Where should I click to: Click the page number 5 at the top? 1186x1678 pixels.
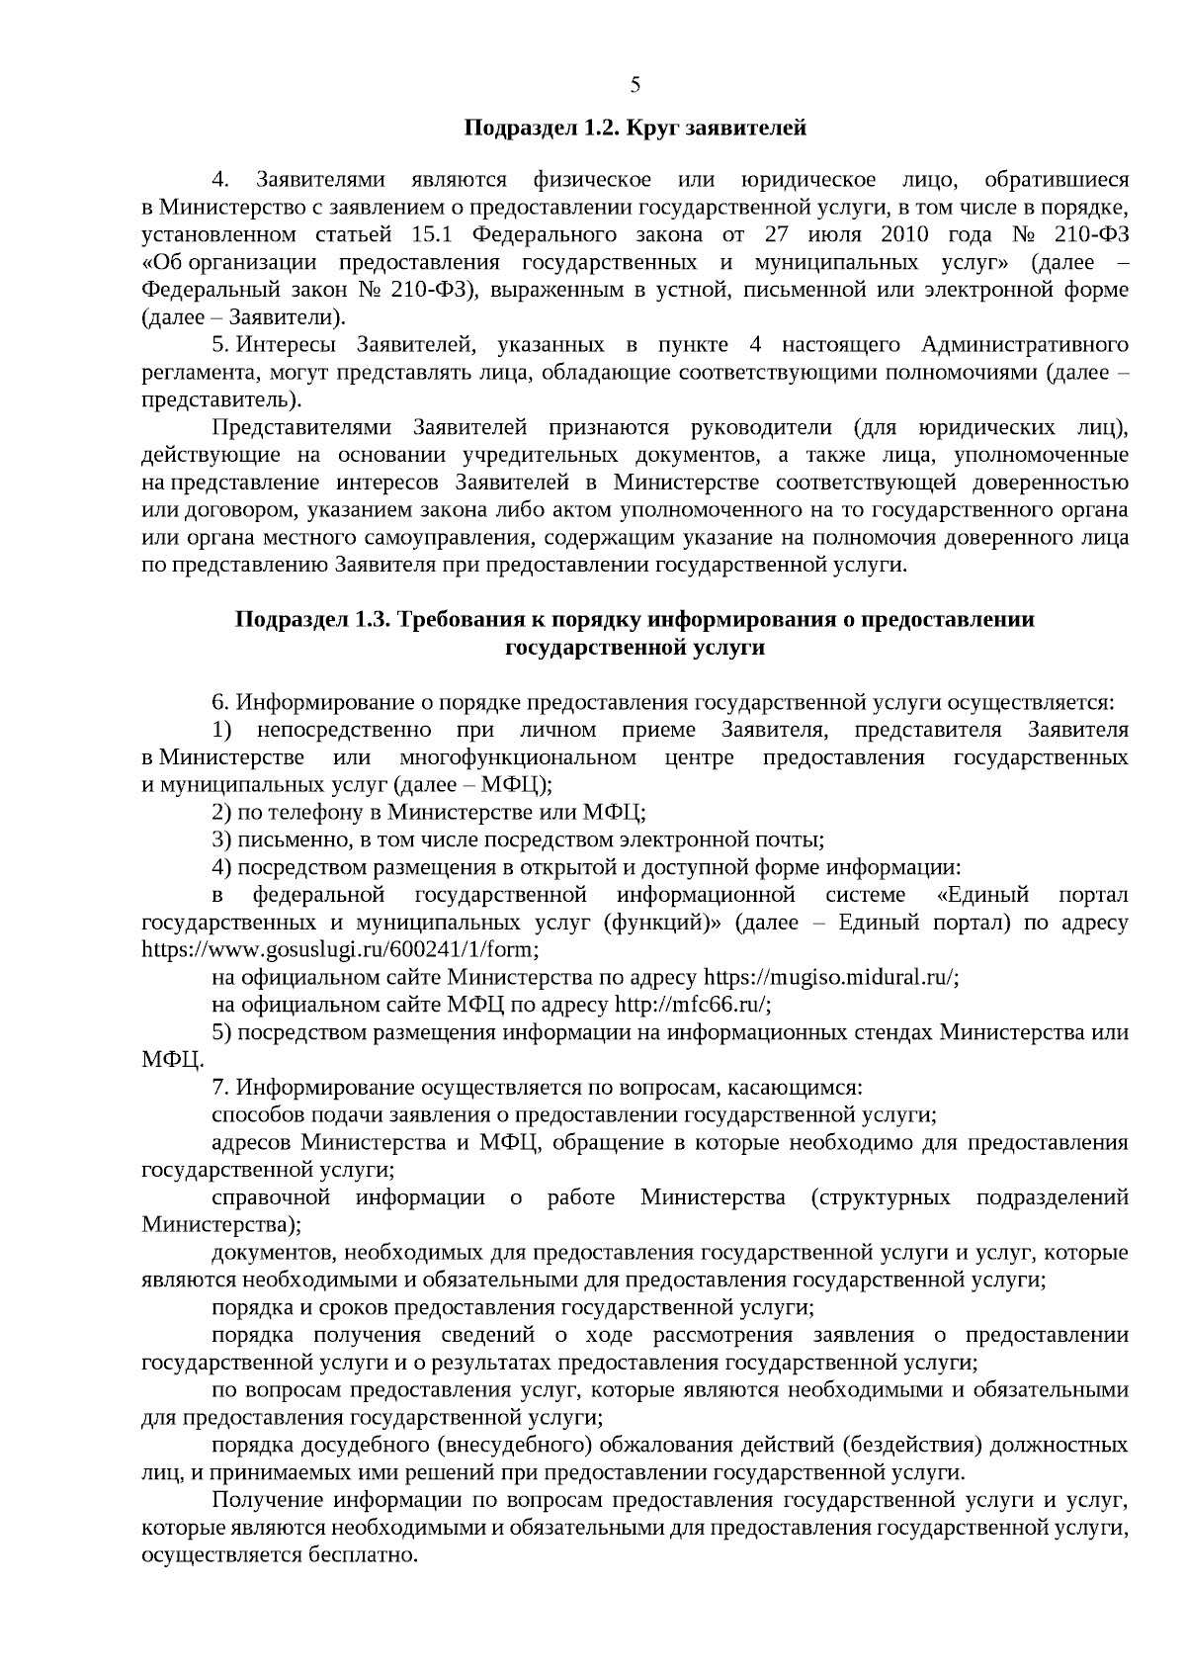tap(635, 85)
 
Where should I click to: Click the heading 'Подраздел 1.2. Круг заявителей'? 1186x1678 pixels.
tap(635, 129)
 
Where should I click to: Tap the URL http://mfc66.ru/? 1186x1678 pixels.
tap(691, 1005)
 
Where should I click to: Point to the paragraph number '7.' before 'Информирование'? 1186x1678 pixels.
tap(220, 1088)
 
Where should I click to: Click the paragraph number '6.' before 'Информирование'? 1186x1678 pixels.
tap(220, 703)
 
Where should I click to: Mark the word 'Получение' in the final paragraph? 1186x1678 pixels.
tap(264, 1500)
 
